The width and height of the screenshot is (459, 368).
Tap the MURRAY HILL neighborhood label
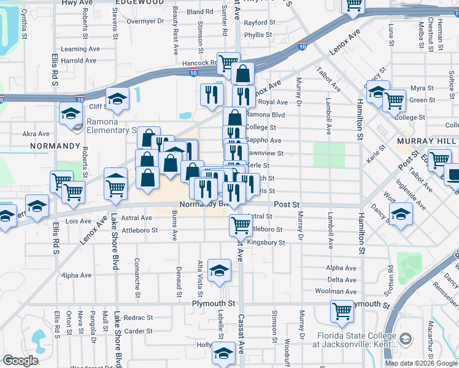(426, 141)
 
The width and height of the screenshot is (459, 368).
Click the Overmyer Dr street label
(145, 21)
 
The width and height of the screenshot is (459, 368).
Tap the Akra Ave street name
(36, 134)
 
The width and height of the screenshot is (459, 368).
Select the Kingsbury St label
(266, 243)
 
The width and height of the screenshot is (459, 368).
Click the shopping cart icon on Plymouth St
(342, 310)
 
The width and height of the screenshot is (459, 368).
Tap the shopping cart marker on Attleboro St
(241, 224)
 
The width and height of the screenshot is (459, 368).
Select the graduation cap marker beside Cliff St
(117, 98)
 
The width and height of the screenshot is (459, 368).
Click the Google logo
(21, 361)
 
